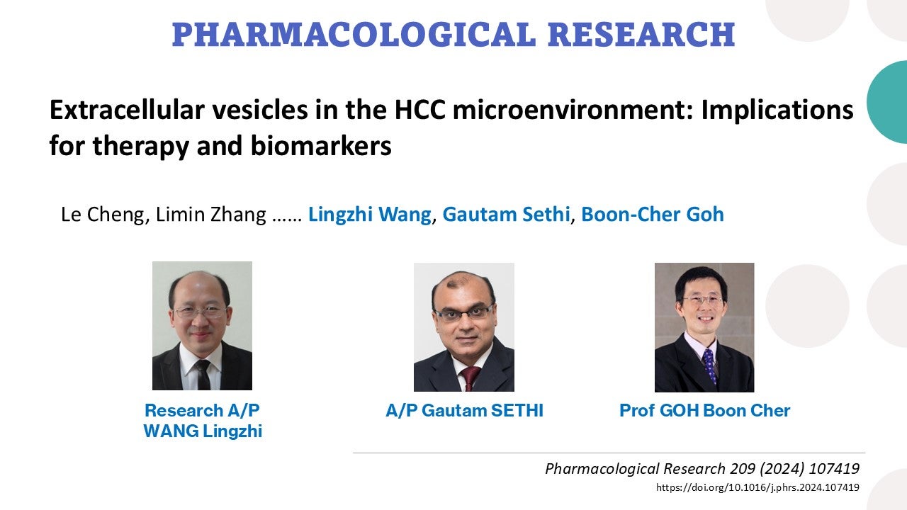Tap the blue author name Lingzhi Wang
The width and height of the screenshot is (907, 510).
coord(369,215)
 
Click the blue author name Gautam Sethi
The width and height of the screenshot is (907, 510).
coord(506,215)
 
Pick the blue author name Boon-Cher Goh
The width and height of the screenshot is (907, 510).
coord(653,215)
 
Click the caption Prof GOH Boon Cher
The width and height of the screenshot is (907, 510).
coord(704,410)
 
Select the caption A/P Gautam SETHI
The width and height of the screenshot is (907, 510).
coord(464,410)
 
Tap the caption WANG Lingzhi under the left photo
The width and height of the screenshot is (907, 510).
coord(203,431)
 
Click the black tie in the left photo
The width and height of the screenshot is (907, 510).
coord(203,373)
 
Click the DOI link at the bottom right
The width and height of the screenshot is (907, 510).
coord(757,487)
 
